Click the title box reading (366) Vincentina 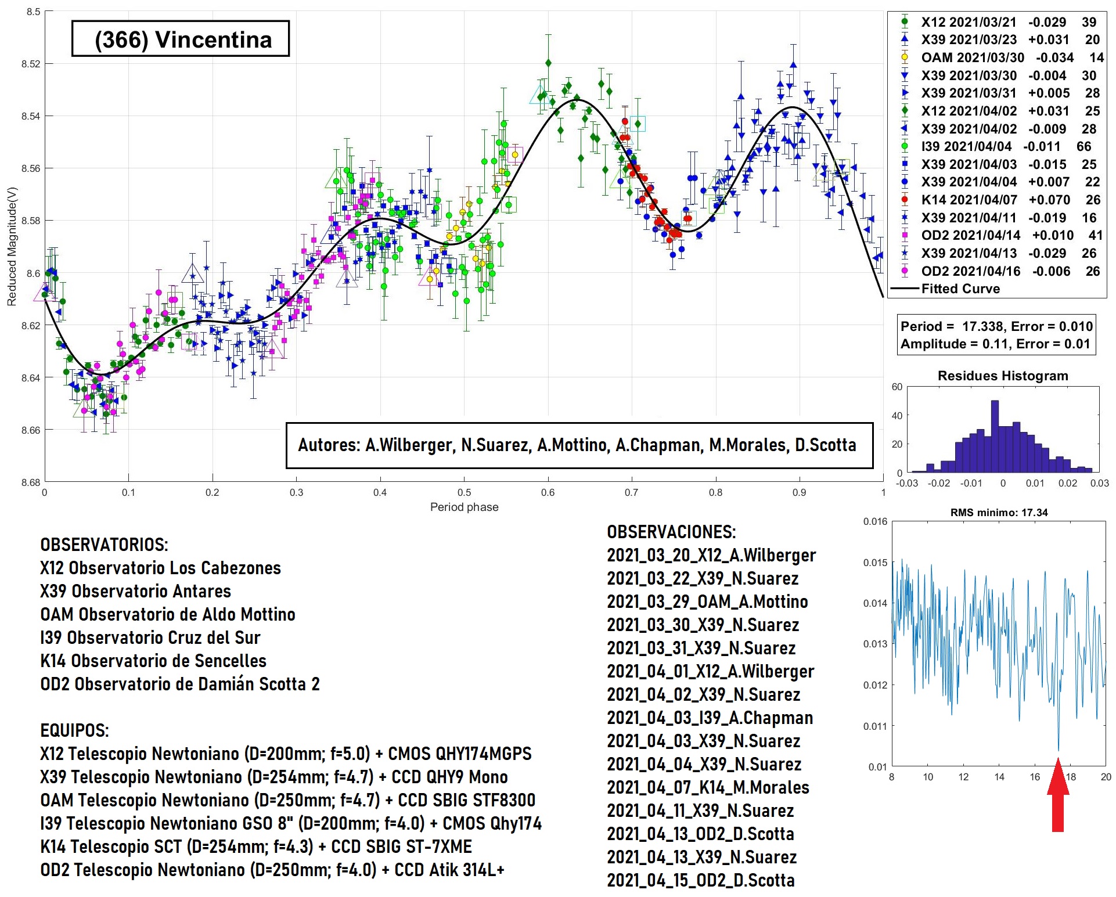pos(181,39)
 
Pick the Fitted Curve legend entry pos(960,289)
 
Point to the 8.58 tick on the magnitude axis pos(31,221)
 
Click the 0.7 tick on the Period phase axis pos(631,492)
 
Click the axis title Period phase pos(464,507)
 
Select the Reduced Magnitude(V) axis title pos(12,246)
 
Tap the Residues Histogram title pos(1003,376)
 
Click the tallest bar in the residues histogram pos(995,435)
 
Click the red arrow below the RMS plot pos(1057,795)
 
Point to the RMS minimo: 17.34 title pos(999,513)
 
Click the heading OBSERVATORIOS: pos(104,545)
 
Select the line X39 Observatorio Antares pos(135,591)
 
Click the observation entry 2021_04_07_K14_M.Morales pos(708,787)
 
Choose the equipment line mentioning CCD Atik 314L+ pos(272,870)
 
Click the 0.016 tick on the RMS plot pos(875,521)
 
